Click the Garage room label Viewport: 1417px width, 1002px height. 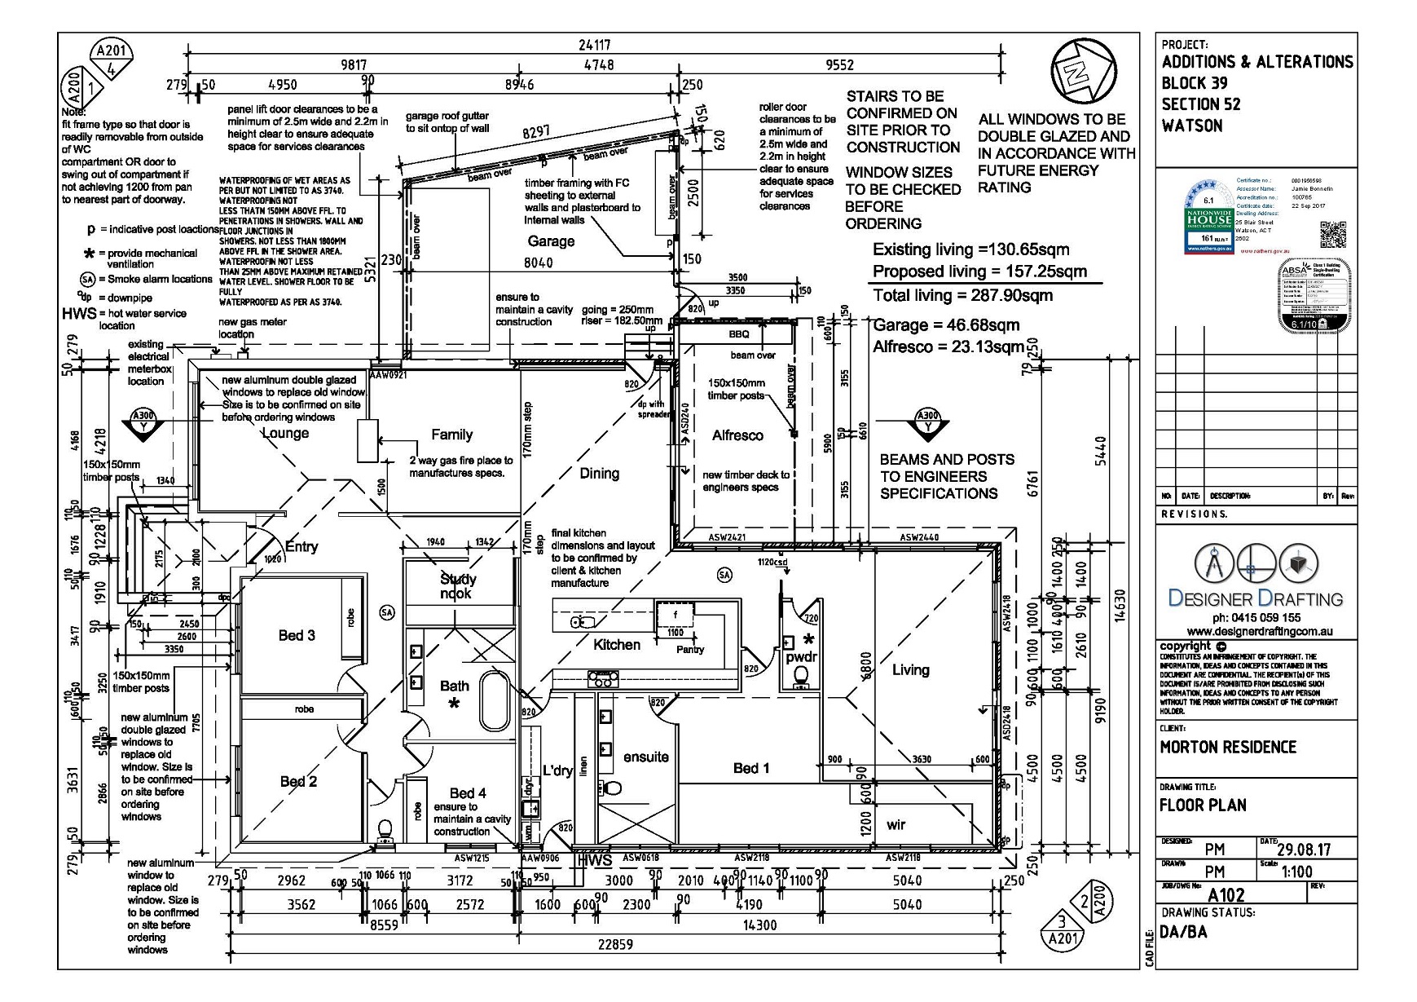[x=551, y=241]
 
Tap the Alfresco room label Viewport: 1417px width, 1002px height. [x=737, y=435]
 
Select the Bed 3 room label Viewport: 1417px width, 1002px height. [x=297, y=635]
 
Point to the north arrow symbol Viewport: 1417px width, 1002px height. [x=1081, y=72]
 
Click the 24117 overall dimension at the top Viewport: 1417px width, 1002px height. [x=594, y=45]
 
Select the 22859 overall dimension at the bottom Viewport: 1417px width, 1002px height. [x=614, y=944]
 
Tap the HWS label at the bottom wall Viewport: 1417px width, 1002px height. [x=594, y=860]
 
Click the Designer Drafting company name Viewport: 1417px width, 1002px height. [x=1254, y=598]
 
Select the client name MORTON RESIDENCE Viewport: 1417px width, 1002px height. [x=1227, y=747]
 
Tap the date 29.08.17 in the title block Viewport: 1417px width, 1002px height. [x=1304, y=850]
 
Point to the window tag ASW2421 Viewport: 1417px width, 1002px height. [x=727, y=538]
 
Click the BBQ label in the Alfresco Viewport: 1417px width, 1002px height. [x=738, y=334]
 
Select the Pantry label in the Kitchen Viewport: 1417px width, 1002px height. [x=689, y=649]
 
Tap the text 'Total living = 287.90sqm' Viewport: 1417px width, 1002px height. [x=962, y=295]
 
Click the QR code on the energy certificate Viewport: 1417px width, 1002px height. [x=1332, y=235]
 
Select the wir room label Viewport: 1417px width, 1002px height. [x=896, y=825]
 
